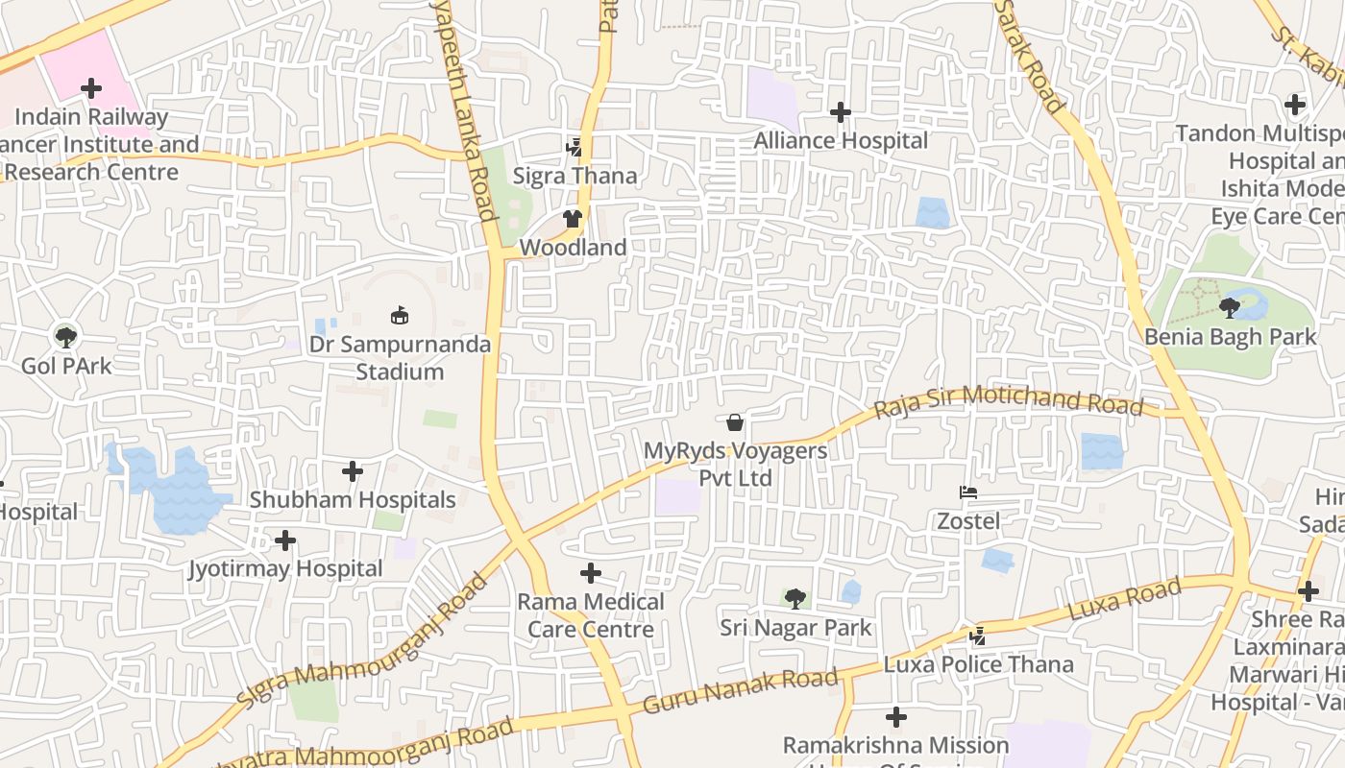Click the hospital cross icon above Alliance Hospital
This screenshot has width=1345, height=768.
pyautogui.click(x=841, y=113)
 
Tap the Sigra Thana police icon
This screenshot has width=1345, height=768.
pyautogui.click(x=574, y=148)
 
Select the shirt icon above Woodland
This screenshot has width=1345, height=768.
pyautogui.click(x=573, y=220)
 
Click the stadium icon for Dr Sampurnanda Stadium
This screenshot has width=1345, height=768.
pyautogui.click(x=400, y=315)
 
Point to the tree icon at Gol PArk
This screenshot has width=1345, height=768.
pyautogui.click(x=66, y=337)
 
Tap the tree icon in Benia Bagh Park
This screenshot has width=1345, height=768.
pyautogui.click(x=1229, y=308)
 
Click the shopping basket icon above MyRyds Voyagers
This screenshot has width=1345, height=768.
pyautogui.click(x=735, y=422)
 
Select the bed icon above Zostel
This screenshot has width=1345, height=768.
pyautogui.click(x=968, y=493)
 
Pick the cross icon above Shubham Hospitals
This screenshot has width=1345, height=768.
pyautogui.click(x=353, y=471)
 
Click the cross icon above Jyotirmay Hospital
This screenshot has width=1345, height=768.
pyautogui.click(x=285, y=540)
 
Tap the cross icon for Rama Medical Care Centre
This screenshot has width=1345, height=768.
pyautogui.click(x=591, y=574)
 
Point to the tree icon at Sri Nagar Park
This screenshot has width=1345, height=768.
pyautogui.click(x=795, y=600)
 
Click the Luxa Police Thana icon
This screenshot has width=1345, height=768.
pyautogui.click(x=977, y=636)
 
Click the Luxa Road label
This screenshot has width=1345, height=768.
pyautogui.click(x=1124, y=599)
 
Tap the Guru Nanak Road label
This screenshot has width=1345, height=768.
pyautogui.click(x=740, y=691)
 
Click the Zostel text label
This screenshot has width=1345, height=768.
pyautogui.click(x=968, y=521)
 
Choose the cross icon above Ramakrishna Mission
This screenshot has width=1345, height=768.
pyautogui.click(x=896, y=717)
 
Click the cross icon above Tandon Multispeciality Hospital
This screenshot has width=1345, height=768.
pyautogui.click(x=1295, y=105)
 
